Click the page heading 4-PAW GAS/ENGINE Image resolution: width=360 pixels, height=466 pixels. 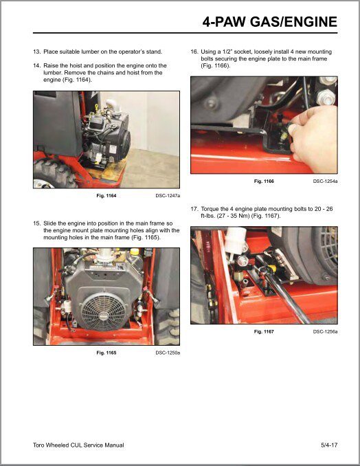click(x=269, y=23)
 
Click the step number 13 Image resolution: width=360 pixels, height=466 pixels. click(x=37, y=52)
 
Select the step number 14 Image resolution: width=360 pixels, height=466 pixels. click(x=37, y=65)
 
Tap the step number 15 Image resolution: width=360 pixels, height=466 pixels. click(x=37, y=223)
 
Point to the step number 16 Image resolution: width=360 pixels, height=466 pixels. click(x=194, y=52)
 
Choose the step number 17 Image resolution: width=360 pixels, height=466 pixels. click(x=194, y=209)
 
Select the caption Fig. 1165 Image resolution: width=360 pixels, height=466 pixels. click(x=106, y=353)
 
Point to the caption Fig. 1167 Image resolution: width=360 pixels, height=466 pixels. click(x=264, y=331)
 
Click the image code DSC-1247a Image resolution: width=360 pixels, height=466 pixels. click(x=168, y=196)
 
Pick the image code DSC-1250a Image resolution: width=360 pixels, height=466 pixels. click(x=168, y=353)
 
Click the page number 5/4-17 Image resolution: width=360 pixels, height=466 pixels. click(x=328, y=445)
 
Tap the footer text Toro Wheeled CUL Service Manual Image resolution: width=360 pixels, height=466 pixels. click(x=78, y=445)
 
